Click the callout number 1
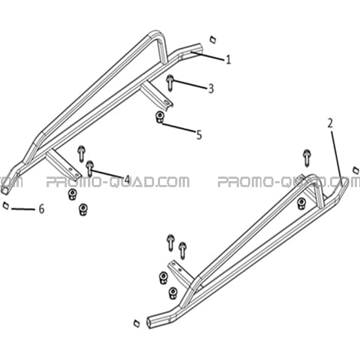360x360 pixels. tap(228, 59)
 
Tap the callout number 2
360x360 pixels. tap(330, 124)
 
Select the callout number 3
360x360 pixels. tap(211, 89)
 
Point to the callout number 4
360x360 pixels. tap(127, 180)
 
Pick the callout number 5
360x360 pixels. tap(199, 135)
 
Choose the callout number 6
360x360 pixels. tap(41, 209)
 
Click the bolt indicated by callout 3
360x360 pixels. tap(170, 83)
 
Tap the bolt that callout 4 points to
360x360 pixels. tap(89, 168)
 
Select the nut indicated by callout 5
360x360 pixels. tap(159, 117)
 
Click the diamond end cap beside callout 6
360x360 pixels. tap(5, 205)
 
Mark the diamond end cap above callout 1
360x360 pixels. tap(213, 40)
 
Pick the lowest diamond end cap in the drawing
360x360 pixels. tap(137, 323)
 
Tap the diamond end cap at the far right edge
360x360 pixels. tap(355, 170)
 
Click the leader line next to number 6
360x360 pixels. tap(23, 209)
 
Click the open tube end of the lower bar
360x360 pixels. tap(150, 322)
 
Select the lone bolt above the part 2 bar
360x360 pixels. tap(307, 158)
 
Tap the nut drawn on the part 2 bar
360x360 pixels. tap(301, 204)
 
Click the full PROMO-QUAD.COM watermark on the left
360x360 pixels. tap(118, 182)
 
